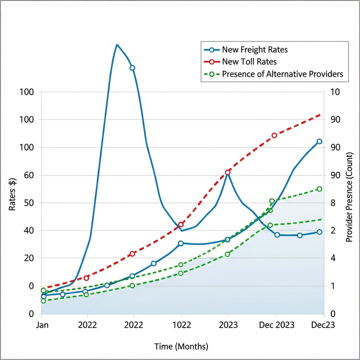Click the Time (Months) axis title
(x=181, y=346)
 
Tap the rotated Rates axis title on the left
(x=13, y=194)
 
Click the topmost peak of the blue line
(x=117, y=45)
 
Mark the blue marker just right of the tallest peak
(x=132, y=68)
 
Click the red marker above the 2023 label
(x=228, y=172)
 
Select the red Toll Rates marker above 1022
(x=181, y=224)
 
